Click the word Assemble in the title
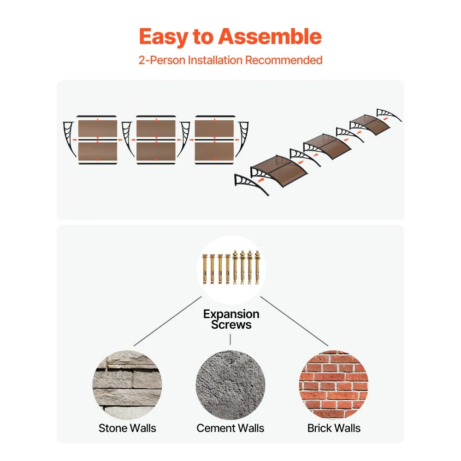270,36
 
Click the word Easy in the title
163,37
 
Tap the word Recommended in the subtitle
284,60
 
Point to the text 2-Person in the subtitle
162,60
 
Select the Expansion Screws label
231,319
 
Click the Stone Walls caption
127,428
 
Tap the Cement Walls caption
230,428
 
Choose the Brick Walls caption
334,428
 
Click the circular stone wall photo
127,385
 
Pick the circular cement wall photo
230,385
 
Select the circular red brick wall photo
334,385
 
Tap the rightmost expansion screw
257,267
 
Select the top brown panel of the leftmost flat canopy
98,129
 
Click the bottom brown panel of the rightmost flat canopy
214,151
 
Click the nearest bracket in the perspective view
249,183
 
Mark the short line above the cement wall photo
230,339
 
